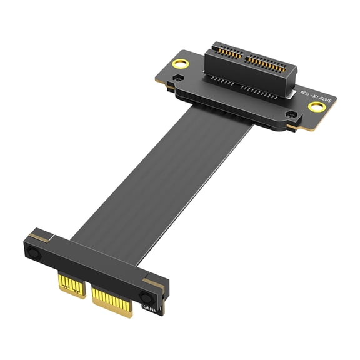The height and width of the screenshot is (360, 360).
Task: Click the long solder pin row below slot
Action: (x=250, y=91)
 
